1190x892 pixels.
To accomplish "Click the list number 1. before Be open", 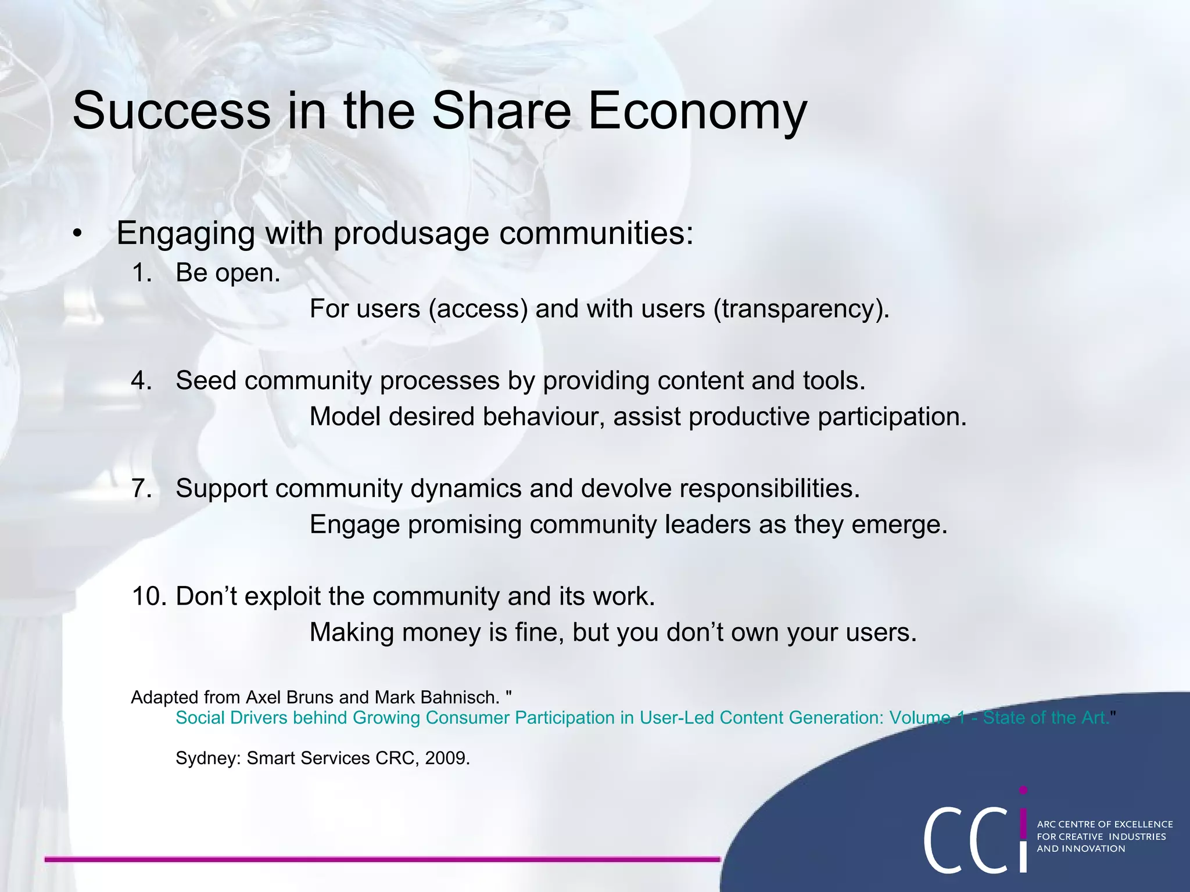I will (142, 273).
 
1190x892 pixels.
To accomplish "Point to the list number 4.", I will (142, 381).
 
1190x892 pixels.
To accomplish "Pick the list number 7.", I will (142, 488).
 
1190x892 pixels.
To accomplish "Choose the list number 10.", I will (149, 596).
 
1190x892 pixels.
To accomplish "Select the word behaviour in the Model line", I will (543, 417).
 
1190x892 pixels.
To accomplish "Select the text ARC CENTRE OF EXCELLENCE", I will (1105, 824).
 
